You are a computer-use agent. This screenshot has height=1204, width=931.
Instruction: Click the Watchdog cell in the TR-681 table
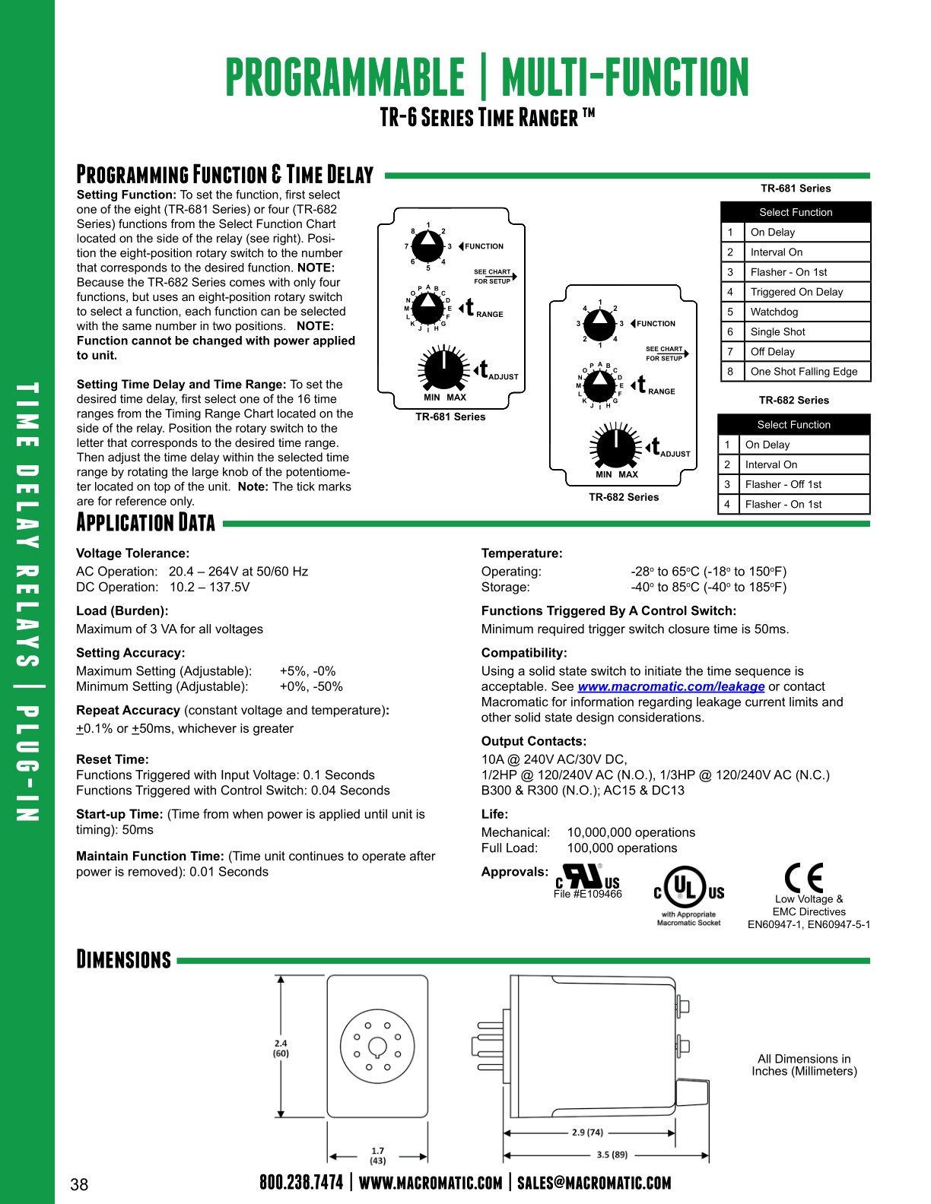(774, 312)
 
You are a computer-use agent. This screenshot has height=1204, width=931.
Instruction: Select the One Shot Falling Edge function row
(803, 372)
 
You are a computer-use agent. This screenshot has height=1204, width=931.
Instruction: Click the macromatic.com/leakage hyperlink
(671, 686)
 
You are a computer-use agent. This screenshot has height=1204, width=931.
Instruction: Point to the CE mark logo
(804, 878)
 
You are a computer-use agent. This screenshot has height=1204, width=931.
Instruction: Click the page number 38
(79, 1184)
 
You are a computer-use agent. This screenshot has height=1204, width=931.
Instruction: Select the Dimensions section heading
(124, 959)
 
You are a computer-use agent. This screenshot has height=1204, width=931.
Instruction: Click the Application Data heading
(145, 523)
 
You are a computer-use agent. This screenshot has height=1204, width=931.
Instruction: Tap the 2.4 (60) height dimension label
(281, 1048)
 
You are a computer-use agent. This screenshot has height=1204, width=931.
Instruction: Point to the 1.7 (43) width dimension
(377, 1155)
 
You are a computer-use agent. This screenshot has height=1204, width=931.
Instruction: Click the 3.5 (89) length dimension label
(612, 1155)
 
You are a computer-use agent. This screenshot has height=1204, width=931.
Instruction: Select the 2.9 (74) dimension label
(587, 1132)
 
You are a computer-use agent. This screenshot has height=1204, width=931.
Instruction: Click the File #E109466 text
(587, 895)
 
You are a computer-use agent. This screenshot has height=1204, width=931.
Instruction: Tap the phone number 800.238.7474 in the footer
(301, 1183)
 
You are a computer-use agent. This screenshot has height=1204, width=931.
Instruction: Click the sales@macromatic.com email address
(594, 1183)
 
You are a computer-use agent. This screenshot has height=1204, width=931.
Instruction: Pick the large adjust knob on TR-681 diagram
(443, 369)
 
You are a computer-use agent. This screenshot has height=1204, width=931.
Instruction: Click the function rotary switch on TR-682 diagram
(600, 325)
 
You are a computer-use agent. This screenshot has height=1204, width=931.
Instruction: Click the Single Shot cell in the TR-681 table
(777, 331)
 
